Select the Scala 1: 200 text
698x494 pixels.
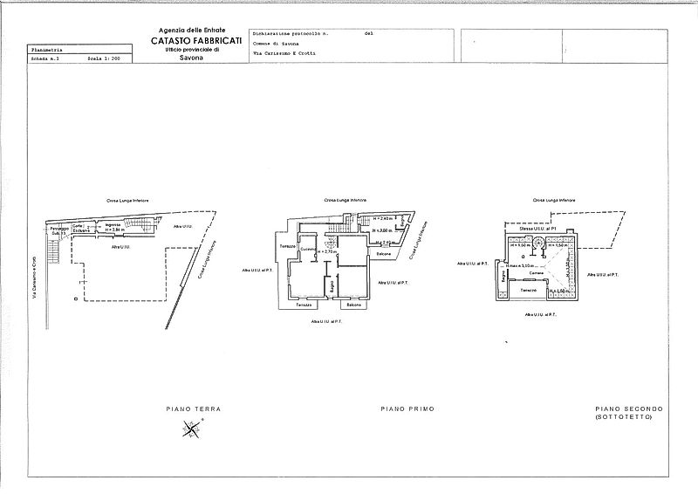pos(105,59)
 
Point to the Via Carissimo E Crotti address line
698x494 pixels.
pos(284,53)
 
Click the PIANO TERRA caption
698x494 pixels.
pos(194,408)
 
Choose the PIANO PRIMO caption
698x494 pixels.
pos(407,408)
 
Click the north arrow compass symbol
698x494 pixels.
pos(191,428)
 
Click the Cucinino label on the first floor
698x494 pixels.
pos(308,250)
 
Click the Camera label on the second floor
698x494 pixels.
pos(537,271)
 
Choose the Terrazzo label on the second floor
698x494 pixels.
pos(529,290)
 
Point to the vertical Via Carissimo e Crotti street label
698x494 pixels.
pos(34,279)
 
